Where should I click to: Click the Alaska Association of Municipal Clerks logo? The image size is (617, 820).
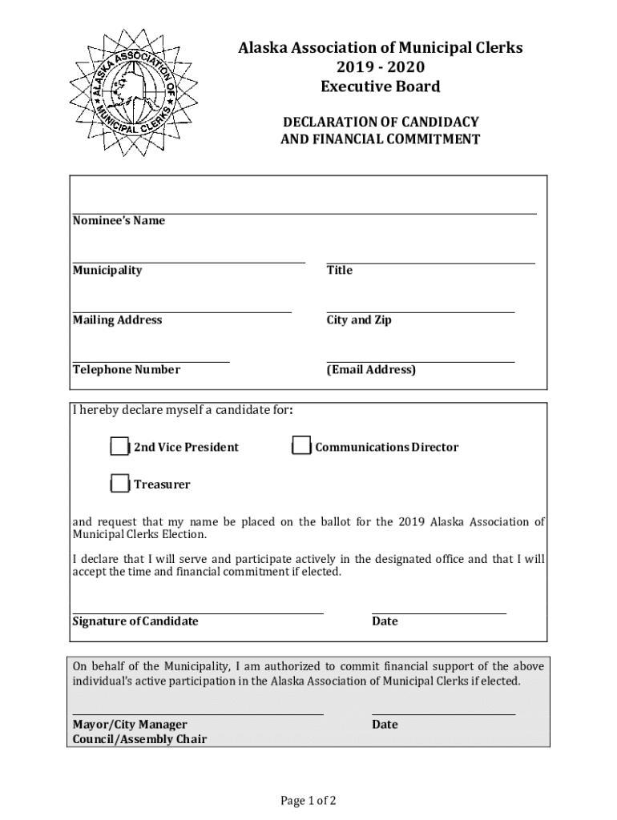pyautogui.click(x=133, y=93)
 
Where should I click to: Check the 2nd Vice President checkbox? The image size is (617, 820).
pyautogui.click(x=119, y=447)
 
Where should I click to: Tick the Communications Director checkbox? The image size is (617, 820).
pyautogui.click(x=301, y=447)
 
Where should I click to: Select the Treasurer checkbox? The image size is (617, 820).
pyautogui.click(x=119, y=484)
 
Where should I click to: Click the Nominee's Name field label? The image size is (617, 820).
pyautogui.click(x=119, y=221)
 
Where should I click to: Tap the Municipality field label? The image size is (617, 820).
pyautogui.click(x=107, y=271)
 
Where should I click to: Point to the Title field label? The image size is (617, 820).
pyautogui.click(x=339, y=271)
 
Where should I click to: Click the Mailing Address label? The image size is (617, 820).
pyautogui.click(x=117, y=320)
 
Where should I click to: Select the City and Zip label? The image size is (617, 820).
pyautogui.click(x=359, y=320)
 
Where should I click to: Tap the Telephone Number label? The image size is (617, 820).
pyautogui.click(x=127, y=370)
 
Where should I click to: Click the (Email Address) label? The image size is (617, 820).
pyautogui.click(x=371, y=370)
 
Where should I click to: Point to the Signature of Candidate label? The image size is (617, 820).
pyautogui.click(x=135, y=621)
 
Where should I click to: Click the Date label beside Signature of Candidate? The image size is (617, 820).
pyautogui.click(x=385, y=621)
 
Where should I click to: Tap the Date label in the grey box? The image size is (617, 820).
pyautogui.click(x=385, y=725)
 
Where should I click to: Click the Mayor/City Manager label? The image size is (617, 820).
pyautogui.click(x=130, y=725)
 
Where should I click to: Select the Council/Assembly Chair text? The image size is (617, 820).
pyautogui.click(x=139, y=739)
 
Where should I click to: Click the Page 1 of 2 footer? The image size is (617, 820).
pyautogui.click(x=308, y=801)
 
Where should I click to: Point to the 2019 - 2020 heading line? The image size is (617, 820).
pyautogui.click(x=381, y=67)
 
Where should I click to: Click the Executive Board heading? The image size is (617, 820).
pyautogui.click(x=381, y=86)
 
